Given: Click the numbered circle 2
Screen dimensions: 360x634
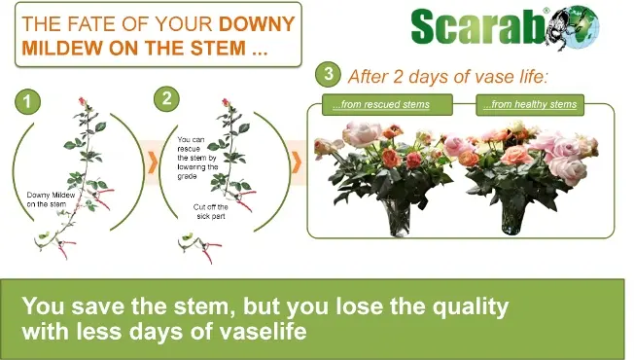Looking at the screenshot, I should coord(166,98).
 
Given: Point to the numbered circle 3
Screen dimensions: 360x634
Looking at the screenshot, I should coord(331,76).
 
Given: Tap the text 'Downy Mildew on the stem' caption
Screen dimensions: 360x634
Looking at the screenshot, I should coord(51,198).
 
